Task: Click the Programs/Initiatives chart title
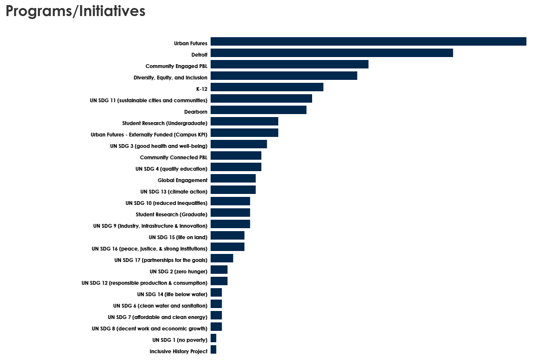coord(76,11)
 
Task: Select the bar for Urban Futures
coord(368,41)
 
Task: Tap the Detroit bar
coord(332,53)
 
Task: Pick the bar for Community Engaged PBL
coord(289,64)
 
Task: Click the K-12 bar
coord(267,87)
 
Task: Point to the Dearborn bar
coord(258,110)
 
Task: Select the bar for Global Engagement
coord(233,178)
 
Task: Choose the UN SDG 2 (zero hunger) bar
coord(219,270)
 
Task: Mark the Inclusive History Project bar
coord(214,349)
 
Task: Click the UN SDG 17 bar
coord(222,258)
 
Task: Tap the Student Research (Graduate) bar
coord(230,213)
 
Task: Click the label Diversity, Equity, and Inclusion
coord(170,78)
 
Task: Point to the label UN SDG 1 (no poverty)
coord(180,340)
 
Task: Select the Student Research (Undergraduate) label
coord(165,123)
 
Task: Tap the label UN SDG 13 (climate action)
coord(174,192)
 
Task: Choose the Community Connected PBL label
coord(174,158)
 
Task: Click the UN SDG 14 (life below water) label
coord(172,295)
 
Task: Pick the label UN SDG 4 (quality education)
coord(171,169)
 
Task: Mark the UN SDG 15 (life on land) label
coord(178,237)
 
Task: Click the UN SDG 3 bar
coord(239,144)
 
